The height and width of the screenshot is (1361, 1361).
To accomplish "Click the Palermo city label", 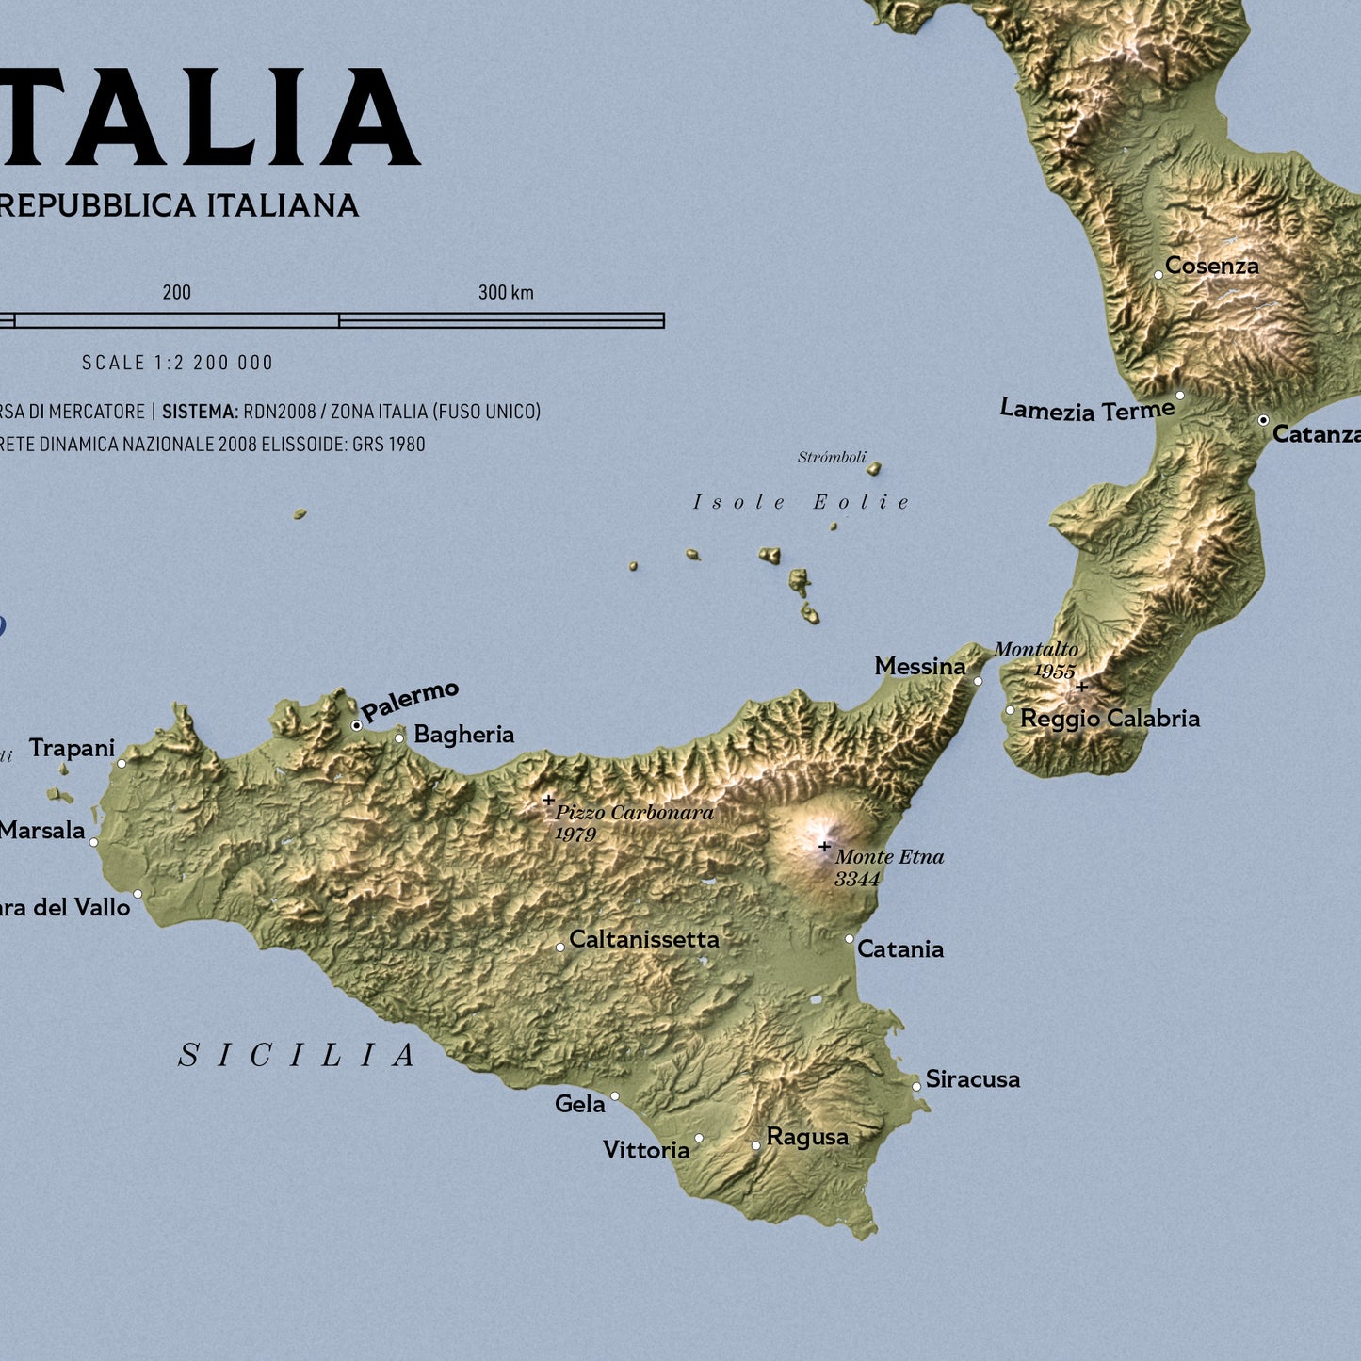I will coord(410,701).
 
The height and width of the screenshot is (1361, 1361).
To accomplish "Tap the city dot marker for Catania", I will coord(849,939).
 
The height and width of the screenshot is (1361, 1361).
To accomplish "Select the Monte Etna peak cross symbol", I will coord(824,847).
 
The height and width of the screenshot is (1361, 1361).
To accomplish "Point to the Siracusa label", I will coord(972,1079).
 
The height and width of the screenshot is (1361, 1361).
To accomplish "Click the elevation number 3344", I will coord(857,880).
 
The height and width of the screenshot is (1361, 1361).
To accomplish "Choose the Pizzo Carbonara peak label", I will coord(634,813).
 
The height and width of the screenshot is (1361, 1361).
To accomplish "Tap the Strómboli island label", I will coord(832,458).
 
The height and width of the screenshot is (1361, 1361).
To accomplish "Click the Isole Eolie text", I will coord(802,503).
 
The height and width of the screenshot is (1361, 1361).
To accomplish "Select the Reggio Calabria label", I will coord(1110,719).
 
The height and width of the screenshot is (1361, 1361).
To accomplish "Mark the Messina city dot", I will coord(978,680).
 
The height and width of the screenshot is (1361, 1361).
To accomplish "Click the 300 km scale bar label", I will coord(506,293).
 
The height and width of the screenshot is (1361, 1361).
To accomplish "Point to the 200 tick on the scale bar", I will coord(177,293).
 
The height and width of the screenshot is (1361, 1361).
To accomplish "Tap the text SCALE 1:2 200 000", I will coord(177,363).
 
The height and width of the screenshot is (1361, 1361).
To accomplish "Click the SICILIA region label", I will coord(298,1056).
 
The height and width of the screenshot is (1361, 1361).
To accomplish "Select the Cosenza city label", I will coord(1211,267).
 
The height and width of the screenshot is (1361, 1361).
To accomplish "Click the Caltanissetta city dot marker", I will coord(560,947).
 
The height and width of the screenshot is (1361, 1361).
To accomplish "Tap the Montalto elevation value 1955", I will coord(1054,672).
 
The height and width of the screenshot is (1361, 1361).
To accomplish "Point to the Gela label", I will coord(579,1104).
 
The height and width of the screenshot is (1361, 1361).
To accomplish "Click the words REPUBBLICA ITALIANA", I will coord(179,205).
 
